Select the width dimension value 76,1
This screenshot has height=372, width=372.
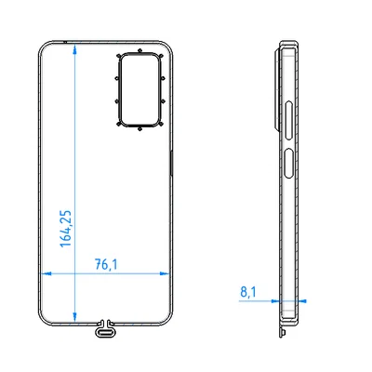click(x=107, y=264)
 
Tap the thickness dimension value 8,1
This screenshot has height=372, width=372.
click(x=248, y=292)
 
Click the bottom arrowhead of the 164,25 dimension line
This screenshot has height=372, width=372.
click(x=74, y=319)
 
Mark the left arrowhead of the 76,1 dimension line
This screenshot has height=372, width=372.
click(x=41, y=274)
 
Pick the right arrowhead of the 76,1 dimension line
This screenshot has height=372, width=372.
click(x=170, y=274)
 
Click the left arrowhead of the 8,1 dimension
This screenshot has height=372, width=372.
click(x=277, y=301)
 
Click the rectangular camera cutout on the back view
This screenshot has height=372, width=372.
click(x=139, y=88)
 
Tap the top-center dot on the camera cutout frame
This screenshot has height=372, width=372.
click(x=139, y=50)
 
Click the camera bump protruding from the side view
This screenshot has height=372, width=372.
click(x=277, y=88)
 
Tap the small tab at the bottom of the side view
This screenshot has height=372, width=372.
click(x=282, y=328)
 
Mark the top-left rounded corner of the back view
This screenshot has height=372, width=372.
click(x=41, y=46)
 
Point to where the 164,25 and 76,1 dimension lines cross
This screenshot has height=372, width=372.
click(x=74, y=274)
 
